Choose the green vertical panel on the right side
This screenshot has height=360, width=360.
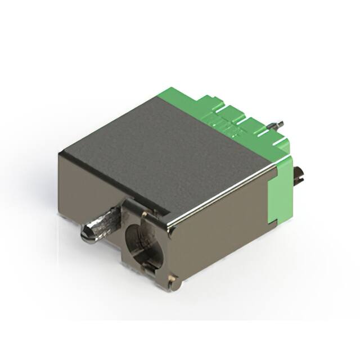click(x=281, y=191)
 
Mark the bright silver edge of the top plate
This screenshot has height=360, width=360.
click(x=219, y=194)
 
